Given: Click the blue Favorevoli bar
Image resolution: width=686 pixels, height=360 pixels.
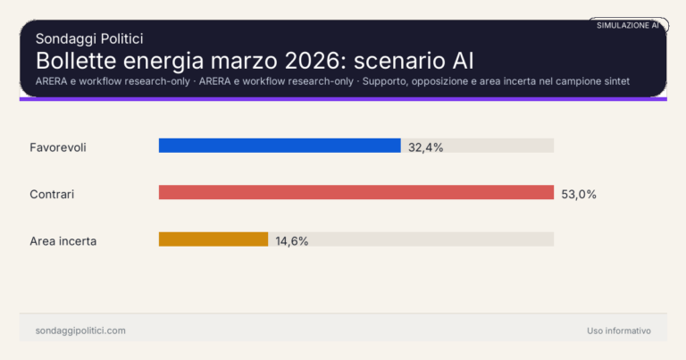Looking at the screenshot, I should coord(280,146).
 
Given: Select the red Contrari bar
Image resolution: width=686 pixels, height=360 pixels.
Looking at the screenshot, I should coord(356,192).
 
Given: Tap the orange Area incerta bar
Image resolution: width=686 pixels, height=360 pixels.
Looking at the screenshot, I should coord(213,239).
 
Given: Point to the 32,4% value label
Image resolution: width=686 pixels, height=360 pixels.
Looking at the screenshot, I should coord(426,147).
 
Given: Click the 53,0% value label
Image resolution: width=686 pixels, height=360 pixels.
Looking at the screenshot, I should coord(579,193).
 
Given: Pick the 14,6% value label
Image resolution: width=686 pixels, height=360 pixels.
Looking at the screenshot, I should coord(292,240).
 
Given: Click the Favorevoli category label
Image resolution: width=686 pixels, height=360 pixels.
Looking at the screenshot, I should coord(57,147).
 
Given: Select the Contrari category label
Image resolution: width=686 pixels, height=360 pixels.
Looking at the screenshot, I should coord(52,193).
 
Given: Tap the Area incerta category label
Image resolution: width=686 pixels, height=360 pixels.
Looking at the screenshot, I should coord(63,240).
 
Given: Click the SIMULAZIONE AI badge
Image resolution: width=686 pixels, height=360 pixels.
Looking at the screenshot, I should coord(628,26).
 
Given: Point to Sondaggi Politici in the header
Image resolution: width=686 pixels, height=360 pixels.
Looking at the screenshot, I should coord(89,38).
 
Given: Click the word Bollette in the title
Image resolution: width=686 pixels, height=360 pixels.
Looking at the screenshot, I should coord(73,61).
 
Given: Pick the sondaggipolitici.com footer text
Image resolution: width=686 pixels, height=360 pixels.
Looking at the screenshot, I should coord(80,331).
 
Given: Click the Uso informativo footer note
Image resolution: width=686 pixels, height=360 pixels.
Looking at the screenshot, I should coord(619,331).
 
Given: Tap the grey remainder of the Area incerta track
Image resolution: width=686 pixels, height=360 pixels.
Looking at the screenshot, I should coord(411,239).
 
